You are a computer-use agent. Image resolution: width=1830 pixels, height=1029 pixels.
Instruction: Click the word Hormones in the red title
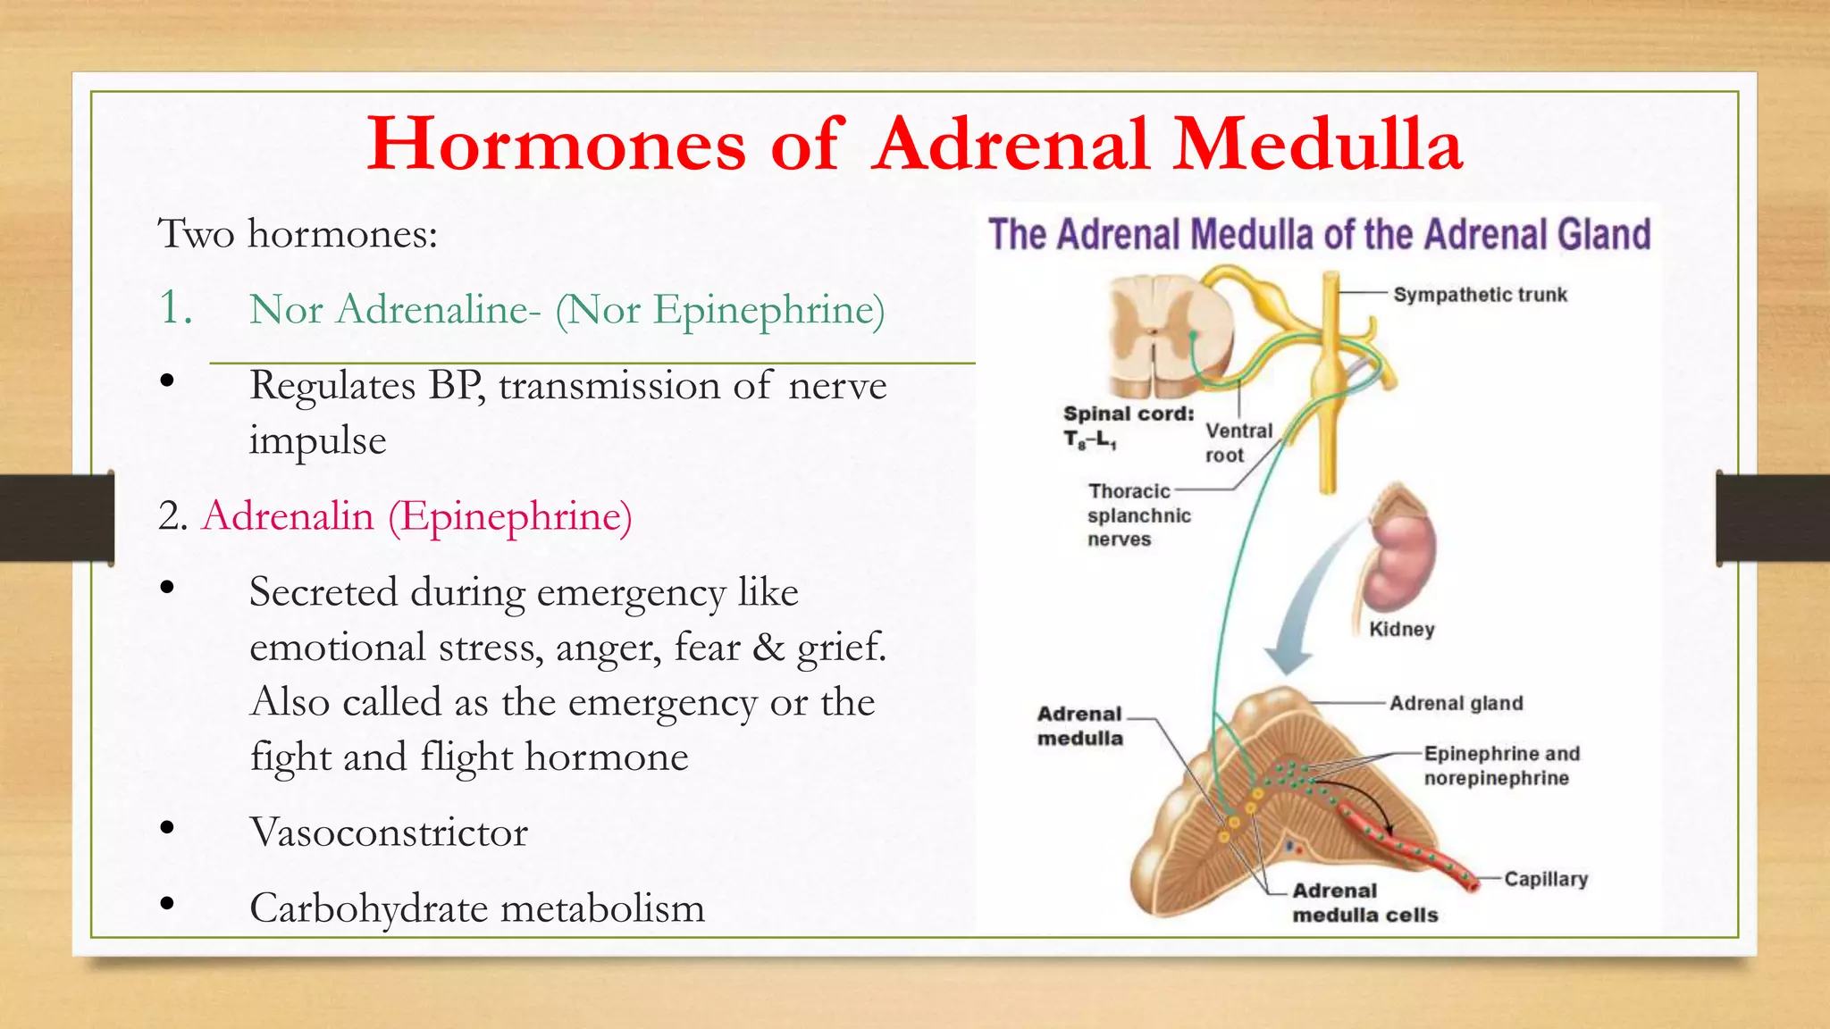click(x=556, y=145)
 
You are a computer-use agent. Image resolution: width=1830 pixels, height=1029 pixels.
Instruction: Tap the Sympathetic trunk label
click(x=1480, y=295)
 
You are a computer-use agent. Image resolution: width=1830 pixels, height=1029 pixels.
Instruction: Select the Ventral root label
click(x=1238, y=443)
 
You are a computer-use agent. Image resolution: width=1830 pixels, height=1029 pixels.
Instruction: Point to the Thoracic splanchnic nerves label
click(x=1137, y=515)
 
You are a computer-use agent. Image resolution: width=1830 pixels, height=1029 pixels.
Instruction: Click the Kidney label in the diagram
click(x=1401, y=629)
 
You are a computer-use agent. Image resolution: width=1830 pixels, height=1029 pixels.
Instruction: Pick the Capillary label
click(x=1546, y=879)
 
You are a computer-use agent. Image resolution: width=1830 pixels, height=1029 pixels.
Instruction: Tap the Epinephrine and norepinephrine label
click(x=1501, y=765)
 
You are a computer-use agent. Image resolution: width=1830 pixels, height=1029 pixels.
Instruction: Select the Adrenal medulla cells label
click(x=1364, y=903)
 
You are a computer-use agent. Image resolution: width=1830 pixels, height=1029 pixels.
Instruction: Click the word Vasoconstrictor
click(x=389, y=832)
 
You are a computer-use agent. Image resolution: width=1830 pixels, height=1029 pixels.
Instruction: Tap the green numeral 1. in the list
click(x=175, y=308)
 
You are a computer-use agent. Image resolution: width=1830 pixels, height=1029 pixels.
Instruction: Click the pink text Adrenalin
click(x=288, y=516)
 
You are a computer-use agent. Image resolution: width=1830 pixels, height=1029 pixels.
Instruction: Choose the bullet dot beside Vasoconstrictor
click(x=167, y=828)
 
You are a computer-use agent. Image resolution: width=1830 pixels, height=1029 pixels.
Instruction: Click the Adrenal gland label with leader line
click(x=1456, y=704)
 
